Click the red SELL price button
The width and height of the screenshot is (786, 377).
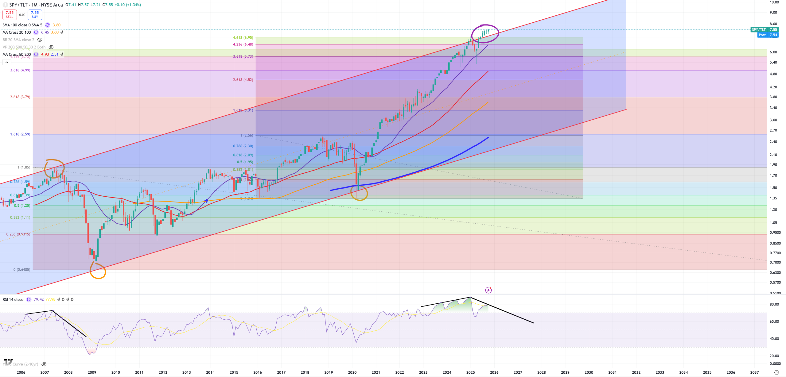tap(10, 14)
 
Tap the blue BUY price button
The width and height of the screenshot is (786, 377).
tap(35, 14)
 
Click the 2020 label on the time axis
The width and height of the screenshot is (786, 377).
tap(352, 372)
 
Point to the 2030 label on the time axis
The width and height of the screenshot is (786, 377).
tap(589, 372)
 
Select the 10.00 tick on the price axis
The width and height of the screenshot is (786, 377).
tap(774, 2)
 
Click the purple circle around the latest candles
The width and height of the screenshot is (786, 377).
tap(485, 34)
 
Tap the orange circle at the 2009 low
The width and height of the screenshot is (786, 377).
tap(98, 271)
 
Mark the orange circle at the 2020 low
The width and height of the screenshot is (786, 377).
tap(359, 193)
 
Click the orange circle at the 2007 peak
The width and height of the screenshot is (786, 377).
tap(54, 168)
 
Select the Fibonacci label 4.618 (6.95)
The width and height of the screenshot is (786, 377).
tap(243, 38)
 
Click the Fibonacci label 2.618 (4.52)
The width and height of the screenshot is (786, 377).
tap(243, 80)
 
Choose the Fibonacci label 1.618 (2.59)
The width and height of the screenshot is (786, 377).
tap(20, 134)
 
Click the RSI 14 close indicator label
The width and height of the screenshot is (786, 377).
tap(13, 299)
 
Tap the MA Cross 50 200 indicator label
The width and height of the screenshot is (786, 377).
tap(17, 54)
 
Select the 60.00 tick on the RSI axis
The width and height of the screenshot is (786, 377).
tap(774, 321)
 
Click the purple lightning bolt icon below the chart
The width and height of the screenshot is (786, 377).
tap(488, 290)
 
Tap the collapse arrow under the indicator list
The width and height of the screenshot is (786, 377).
tap(7, 62)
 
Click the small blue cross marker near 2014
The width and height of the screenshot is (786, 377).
tap(206, 201)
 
